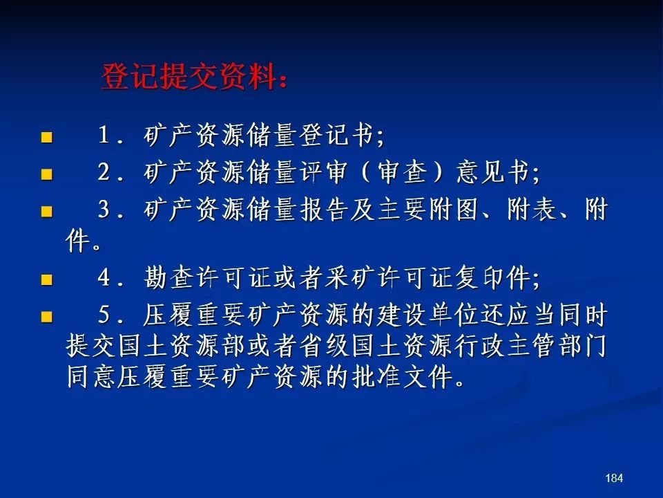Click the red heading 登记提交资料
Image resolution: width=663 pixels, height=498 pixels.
point(189,77)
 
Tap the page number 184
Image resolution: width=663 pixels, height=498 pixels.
point(614,478)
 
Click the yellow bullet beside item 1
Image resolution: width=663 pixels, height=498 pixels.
point(46,137)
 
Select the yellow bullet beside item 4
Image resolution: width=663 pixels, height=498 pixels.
point(46,279)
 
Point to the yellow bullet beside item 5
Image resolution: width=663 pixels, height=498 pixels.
point(46,317)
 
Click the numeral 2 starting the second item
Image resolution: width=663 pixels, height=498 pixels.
point(104,172)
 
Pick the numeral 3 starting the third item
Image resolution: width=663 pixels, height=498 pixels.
point(104,209)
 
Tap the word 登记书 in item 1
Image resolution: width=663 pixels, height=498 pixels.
point(337,136)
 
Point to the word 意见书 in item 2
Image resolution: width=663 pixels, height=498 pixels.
point(493,172)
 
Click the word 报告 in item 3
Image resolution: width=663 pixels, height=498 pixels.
point(325,209)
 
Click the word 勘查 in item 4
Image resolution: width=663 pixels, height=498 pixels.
point(169,278)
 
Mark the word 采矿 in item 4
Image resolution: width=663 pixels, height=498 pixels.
point(351,278)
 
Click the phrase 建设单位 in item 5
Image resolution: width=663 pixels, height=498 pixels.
point(428,315)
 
